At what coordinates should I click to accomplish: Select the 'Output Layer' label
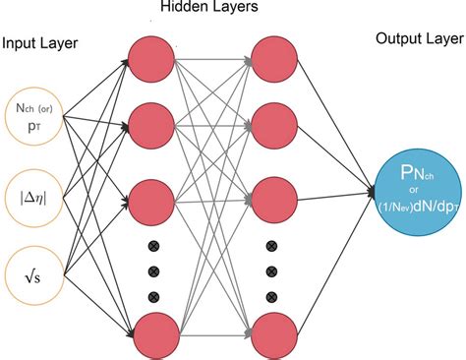(419, 38)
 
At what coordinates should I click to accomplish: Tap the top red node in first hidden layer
(152, 60)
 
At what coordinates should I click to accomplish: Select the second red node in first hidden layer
(152, 124)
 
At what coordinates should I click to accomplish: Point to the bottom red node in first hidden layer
(152, 330)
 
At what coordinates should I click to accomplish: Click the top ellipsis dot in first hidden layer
(152, 245)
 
